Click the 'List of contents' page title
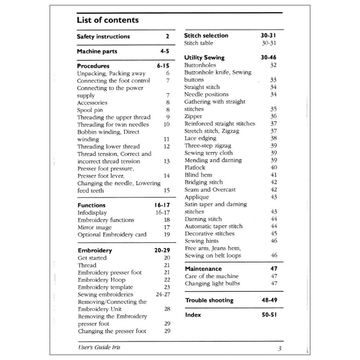108,20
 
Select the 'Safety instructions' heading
103,36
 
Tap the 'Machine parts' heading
97,51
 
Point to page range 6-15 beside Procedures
163,66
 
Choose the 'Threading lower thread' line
108,146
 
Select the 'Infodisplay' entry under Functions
92,213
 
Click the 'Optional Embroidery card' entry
112,235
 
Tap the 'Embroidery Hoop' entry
101,280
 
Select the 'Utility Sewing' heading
204,58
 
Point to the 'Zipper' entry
193,116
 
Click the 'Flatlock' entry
195,168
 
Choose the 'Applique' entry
197,197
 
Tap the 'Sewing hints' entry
202,241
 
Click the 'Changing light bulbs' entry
212,284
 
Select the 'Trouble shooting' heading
209,300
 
